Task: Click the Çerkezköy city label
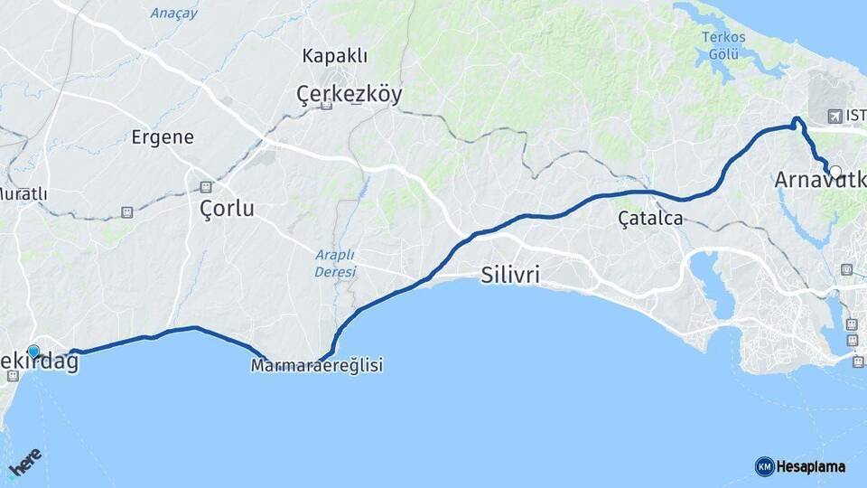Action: pos(350,93)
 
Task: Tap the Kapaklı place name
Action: pos(335,56)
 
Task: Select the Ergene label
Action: pos(163,137)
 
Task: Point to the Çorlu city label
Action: pos(226,208)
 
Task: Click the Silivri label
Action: pos(511,276)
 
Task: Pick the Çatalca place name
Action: pos(650,219)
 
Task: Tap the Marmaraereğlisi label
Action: pos(317,366)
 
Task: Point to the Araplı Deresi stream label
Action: pos(335,263)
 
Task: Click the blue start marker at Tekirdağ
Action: pos(34,352)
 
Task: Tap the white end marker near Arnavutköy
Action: pos(834,172)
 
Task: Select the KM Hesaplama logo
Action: pos(800,466)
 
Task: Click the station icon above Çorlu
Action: pos(206,187)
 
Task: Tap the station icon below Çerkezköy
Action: pos(326,106)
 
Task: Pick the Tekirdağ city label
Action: pos(40,362)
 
